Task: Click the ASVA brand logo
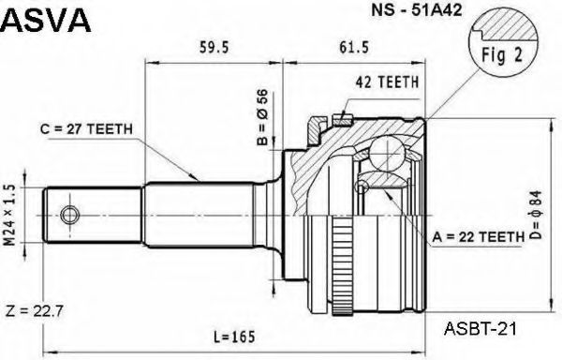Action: tap(46, 20)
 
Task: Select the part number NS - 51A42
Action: tap(417, 10)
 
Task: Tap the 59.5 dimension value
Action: tap(214, 47)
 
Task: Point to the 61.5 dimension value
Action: tap(354, 47)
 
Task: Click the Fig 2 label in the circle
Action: tap(502, 55)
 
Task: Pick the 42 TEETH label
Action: tap(387, 82)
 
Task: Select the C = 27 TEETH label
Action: tap(86, 129)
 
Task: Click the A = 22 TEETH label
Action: tap(479, 237)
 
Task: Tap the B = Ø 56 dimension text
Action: tap(262, 117)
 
